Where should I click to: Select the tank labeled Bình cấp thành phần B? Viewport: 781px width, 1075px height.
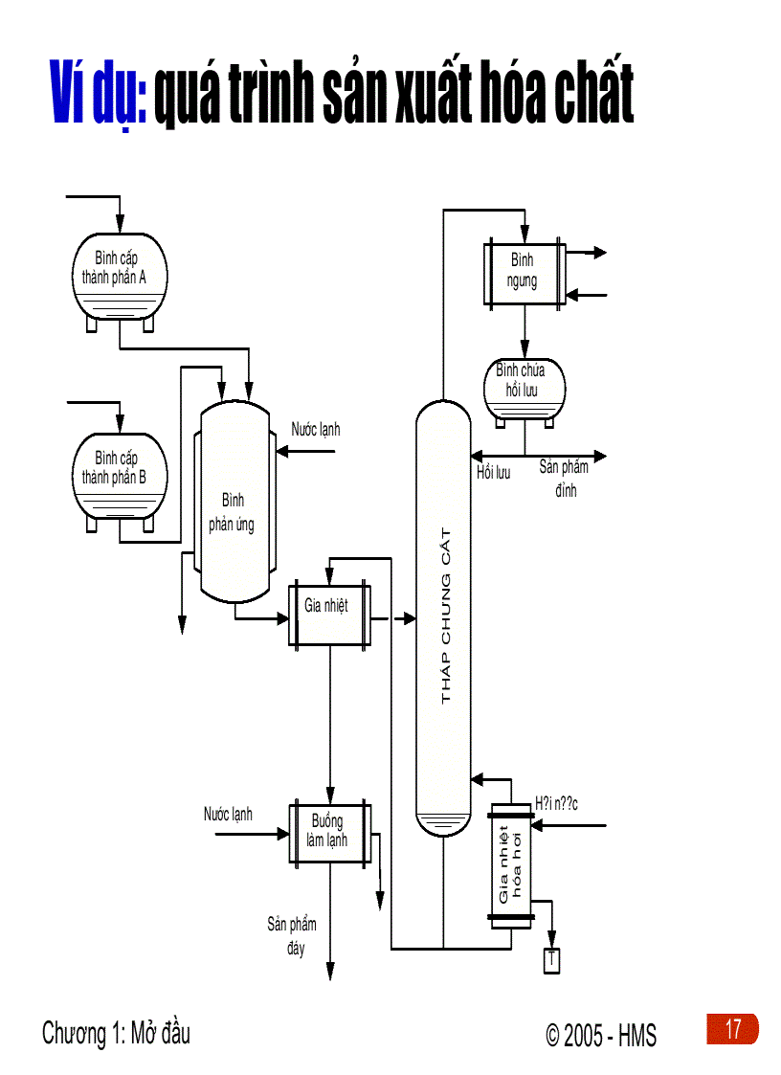coord(120,473)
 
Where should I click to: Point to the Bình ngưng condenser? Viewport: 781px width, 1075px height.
coord(523,273)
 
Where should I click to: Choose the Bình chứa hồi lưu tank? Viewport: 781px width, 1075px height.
coord(524,387)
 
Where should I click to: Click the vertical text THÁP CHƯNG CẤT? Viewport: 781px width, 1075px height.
coord(445,614)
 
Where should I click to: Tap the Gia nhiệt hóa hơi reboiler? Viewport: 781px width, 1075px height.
coord(511,863)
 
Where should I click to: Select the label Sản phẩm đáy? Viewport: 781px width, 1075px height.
coord(292,936)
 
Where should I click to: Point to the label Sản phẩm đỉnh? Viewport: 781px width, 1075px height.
coord(564,479)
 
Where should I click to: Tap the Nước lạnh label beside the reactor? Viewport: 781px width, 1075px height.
coord(316,430)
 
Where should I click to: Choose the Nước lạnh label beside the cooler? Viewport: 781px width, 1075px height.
coord(228,815)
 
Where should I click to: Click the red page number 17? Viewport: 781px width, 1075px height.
coord(732,1029)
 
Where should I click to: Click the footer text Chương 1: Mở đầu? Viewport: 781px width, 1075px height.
coord(116,1034)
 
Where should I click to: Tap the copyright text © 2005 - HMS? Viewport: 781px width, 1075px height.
coord(601,1035)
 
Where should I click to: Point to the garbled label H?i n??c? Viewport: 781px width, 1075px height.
coord(556,803)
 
